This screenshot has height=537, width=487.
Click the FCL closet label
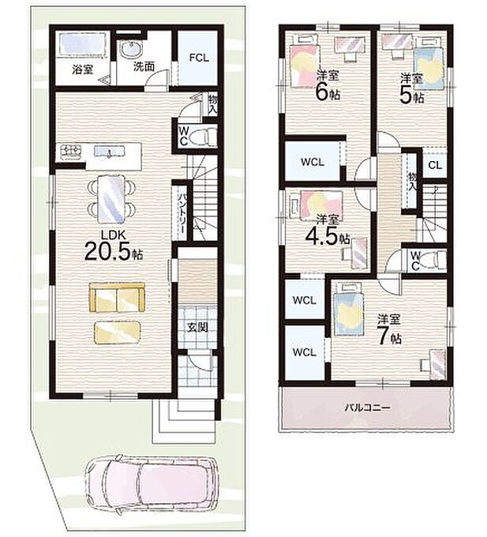coord(199,58)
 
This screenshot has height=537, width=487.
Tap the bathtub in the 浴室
coord(82,45)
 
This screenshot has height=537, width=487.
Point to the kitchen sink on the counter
coord(109,151)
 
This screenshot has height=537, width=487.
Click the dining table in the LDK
coord(111,199)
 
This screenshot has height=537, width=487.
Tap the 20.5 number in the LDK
coord(107,251)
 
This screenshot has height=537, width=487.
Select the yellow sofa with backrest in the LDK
coord(117,297)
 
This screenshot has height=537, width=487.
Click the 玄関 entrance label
coord(197,328)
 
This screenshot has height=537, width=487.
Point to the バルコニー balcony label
coord(367,407)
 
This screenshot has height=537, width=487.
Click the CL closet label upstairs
coord(435,165)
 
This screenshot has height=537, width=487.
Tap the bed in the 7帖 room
coord(348,309)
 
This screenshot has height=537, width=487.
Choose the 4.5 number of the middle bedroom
coord(321,236)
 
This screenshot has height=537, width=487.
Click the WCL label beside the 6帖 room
coord(312,162)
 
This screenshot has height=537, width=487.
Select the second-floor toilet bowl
coord(433,261)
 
